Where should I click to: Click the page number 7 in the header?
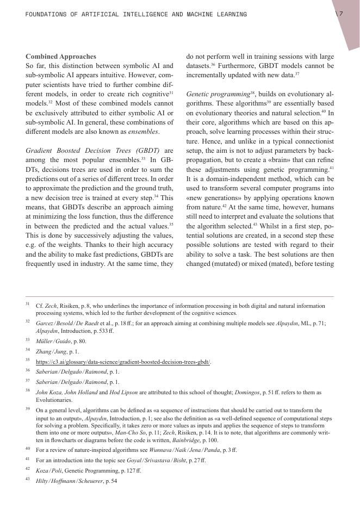340,14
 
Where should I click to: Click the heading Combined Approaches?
61,56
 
